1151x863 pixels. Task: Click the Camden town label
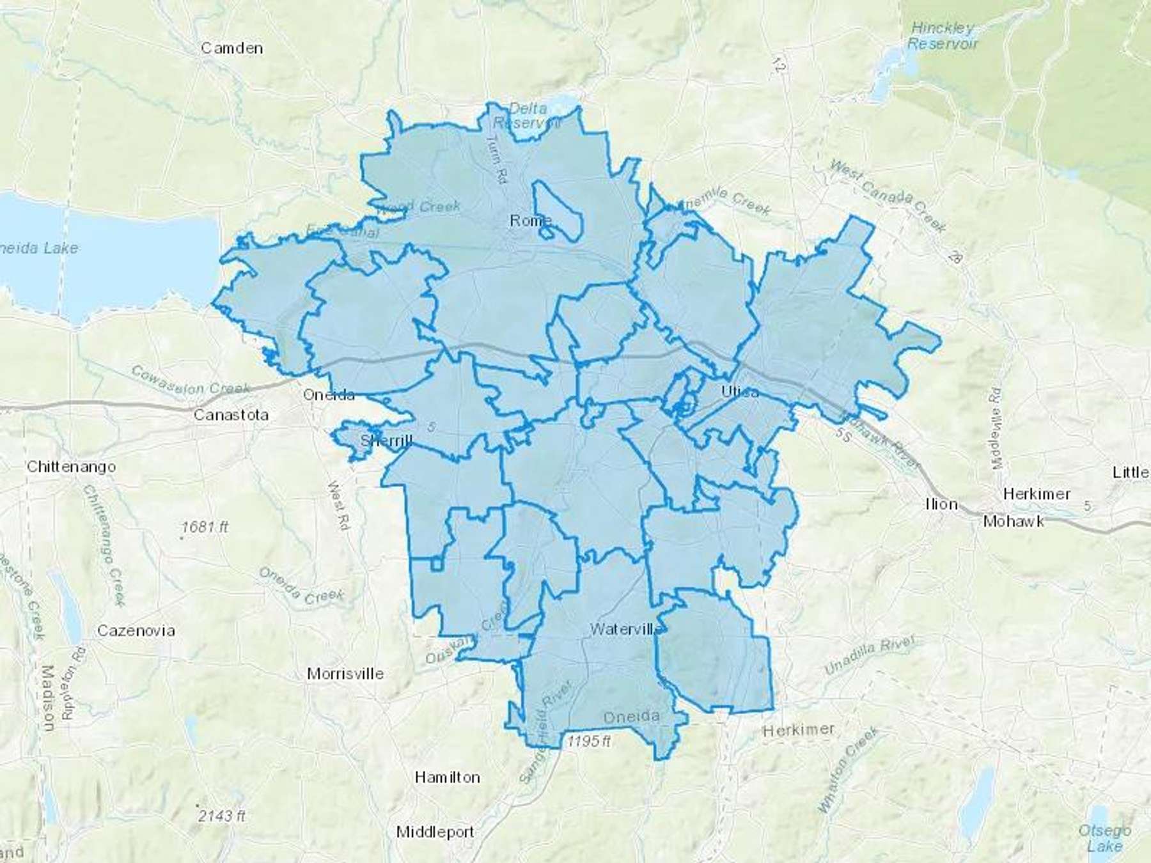[231, 48]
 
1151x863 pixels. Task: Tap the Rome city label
[530, 221]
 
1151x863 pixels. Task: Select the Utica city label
[740, 391]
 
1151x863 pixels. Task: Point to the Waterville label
[626, 629]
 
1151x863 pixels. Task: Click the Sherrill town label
[386, 440]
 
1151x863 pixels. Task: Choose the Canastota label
[231, 415]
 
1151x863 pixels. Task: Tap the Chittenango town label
[71, 467]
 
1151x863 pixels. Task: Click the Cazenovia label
[136, 631]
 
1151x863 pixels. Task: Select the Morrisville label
[345, 674]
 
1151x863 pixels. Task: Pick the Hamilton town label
[447, 777]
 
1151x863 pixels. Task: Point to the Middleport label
[435, 832]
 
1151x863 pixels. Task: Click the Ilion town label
[941, 504]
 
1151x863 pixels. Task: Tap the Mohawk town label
[1014, 522]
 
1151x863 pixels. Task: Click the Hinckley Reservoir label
[943, 36]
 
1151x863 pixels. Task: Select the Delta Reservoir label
[528, 116]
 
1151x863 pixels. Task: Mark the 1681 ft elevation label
[205, 527]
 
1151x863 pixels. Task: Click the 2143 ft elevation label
[221, 816]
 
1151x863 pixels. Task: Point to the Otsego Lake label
[1104, 838]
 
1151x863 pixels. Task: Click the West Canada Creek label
[887, 195]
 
